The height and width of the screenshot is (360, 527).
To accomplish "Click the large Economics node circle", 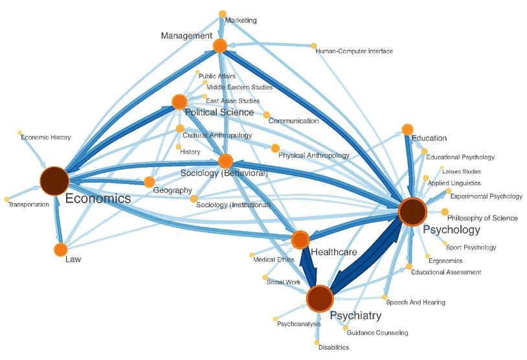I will [54, 181].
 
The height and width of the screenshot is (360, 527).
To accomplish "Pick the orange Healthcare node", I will [300, 240].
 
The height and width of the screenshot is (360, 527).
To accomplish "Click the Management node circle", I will [219, 45].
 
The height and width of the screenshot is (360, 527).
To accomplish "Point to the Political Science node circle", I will [179, 101].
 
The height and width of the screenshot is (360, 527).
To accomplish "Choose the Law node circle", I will [60, 249].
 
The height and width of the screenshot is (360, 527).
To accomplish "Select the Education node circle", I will [407, 129].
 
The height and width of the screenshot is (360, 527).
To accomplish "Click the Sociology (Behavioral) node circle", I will [225, 161].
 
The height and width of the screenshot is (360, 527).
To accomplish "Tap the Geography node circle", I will [149, 181].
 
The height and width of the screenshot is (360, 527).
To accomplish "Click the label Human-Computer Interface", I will [354, 51].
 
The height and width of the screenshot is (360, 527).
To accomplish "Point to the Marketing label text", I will [241, 20].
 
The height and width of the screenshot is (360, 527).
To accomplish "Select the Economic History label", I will [46, 137].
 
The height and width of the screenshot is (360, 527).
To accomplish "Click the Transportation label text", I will [28, 205].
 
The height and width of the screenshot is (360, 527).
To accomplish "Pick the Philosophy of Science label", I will [482, 218].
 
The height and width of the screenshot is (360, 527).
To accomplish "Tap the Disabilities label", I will [333, 348].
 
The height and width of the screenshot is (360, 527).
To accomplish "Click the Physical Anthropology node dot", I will [275, 148].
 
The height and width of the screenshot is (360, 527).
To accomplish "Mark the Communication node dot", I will [266, 115].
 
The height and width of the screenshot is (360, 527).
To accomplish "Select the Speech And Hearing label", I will [416, 302].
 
